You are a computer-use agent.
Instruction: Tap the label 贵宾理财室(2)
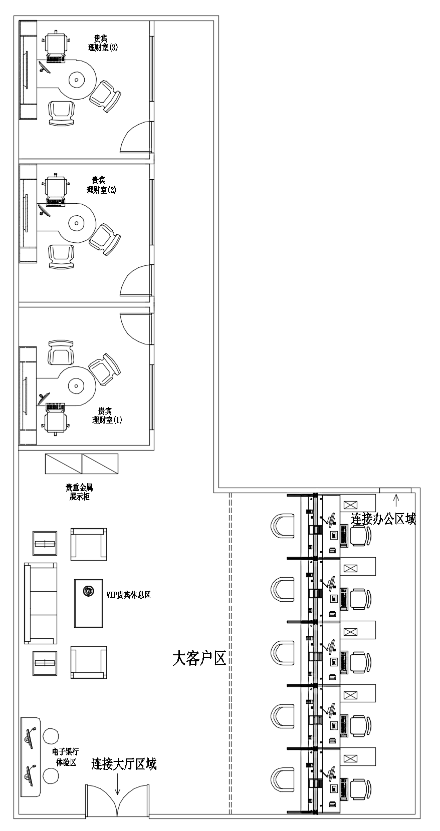coord(101,185)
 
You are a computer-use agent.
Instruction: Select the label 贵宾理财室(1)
coord(107,415)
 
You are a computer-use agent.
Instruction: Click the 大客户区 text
coord(199,658)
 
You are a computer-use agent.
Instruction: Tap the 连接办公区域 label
coord(383,519)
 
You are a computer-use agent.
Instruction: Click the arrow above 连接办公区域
coord(396,500)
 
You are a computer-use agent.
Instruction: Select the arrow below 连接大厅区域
coord(118,781)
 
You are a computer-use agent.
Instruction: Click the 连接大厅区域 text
coord(124,764)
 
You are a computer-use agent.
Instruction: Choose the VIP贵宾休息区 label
coord(128,595)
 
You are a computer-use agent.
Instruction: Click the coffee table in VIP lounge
coord(88,603)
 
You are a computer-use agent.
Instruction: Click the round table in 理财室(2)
coord(76,224)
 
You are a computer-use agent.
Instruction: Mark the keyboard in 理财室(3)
coord(56,59)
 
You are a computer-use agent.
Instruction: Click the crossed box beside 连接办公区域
coord(350,505)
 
